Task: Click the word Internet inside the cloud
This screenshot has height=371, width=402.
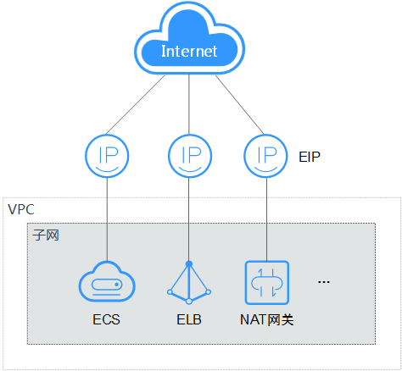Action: point(189,52)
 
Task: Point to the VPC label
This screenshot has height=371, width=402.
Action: point(20,208)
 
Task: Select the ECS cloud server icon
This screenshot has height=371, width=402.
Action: point(108,281)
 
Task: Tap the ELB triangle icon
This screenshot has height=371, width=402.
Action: point(189,281)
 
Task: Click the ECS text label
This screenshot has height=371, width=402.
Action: point(108,320)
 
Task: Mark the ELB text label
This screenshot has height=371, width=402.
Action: point(189,320)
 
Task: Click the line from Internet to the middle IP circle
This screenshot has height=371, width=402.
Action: point(189,106)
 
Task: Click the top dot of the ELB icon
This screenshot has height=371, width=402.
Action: point(189,263)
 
